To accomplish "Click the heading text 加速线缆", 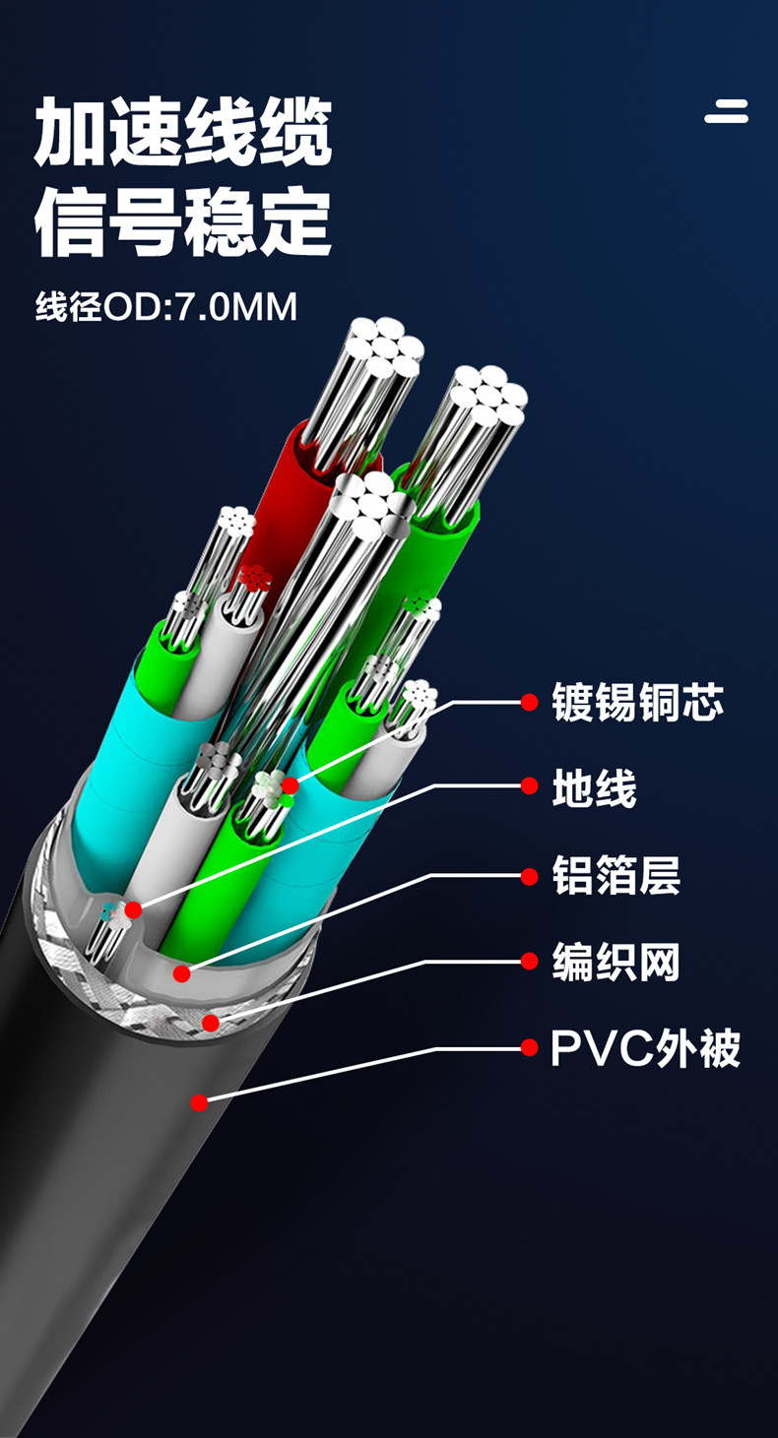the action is [183, 131].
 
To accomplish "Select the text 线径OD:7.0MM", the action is [165, 307].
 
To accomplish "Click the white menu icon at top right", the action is [726, 112].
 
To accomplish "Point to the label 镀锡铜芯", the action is [638, 703].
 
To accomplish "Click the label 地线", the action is [595, 787].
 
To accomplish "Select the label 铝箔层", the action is [616, 874].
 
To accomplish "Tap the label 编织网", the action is [616, 961].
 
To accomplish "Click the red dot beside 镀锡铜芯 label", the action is [530, 703].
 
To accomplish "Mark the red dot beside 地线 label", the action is [530, 786].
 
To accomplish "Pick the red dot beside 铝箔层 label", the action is [530, 874].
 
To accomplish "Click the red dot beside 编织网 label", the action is [530, 961].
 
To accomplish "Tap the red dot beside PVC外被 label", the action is [530, 1047].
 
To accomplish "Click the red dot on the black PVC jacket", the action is [199, 1102].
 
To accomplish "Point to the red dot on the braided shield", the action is [210, 1024].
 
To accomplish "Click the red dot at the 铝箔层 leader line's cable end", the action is [181, 973].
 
